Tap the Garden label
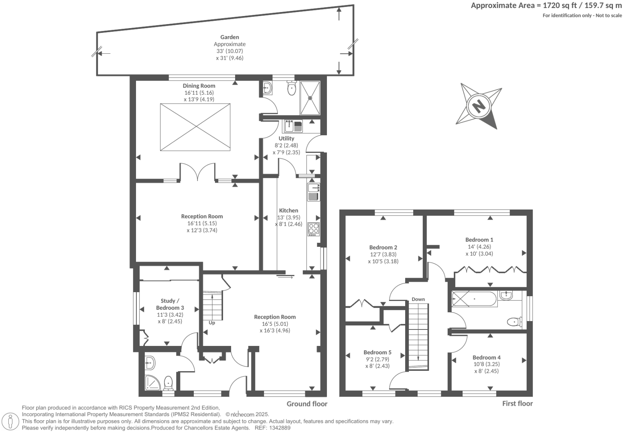229,37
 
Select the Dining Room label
199,85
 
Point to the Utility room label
286,138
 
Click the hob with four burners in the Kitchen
313,229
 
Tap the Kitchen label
288,210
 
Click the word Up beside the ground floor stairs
212,323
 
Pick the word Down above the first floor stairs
418,299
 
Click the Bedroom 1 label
479,240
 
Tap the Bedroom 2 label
383,247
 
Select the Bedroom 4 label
486,357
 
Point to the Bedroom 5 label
377,352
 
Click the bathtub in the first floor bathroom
475,299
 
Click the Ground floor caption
306,404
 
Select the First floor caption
517,404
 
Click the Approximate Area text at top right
546,5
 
